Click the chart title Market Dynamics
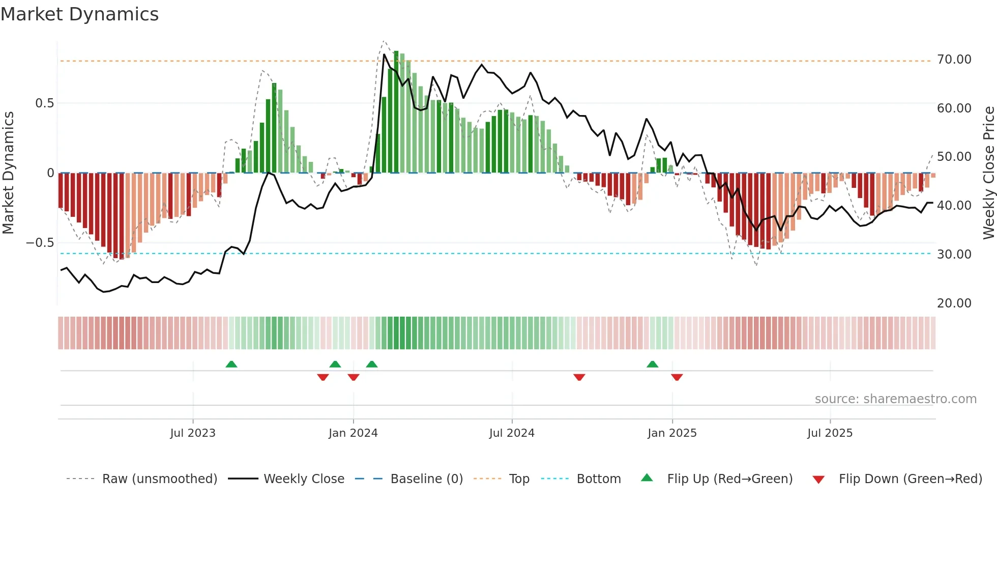pyautogui.click(x=80, y=14)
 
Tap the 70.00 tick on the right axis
pyautogui.click(x=954, y=60)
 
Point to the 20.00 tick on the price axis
pyautogui.click(x=954, y=303)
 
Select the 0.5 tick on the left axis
pyautogui.click(x=44, y=103)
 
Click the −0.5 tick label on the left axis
pyautogui.click(x=40, y=243)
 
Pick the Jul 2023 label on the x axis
pyautogui.click(x=193, y=433)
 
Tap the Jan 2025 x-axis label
pyautogui.click(x=672, y=433)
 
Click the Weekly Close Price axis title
pyautogui.click(x=988, y=173)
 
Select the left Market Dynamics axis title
pyautogui.click(x=8, y=173)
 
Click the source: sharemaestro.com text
pyautogui.click(x=895, y=399)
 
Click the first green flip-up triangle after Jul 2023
pyautogui.click(x=231, y=364)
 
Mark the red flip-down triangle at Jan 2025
pyautogui.click(x=677, y=377)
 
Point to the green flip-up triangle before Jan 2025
pyautogui.click(x=652, y=364)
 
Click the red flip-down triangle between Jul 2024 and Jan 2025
pyautogui.click(x=579, y=377)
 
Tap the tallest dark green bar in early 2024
pyautogui.click(x=396, y=112)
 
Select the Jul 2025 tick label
pyautogui.click(x=830, y=433)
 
